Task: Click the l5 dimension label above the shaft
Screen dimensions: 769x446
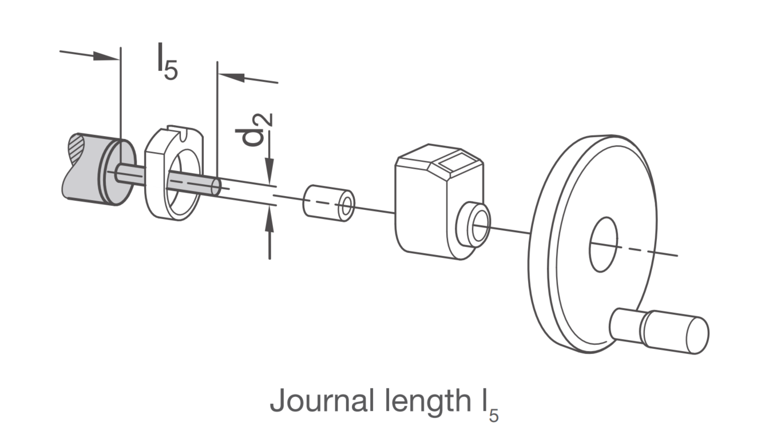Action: (x=167, y=62)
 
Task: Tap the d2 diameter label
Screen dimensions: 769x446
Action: (x=255, y=130)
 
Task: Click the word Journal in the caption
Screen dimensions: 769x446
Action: (x=322, y=400)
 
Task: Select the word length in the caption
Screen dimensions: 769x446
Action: (x=427, y=402)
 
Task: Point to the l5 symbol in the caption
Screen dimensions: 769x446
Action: (x=490, y=405)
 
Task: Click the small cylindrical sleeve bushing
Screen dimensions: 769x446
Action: (x=328, y=204)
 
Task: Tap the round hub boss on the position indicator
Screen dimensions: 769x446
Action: (x=473, y=225)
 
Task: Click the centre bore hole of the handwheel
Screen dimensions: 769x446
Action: (x=603, y=245)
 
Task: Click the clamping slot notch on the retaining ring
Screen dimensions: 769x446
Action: (x=184, y=134)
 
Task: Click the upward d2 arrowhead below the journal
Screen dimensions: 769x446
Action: (x=270, y=219)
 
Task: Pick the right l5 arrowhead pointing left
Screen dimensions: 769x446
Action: (x=231, y=77)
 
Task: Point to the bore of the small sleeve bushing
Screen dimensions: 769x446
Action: (x=346, y=207)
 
